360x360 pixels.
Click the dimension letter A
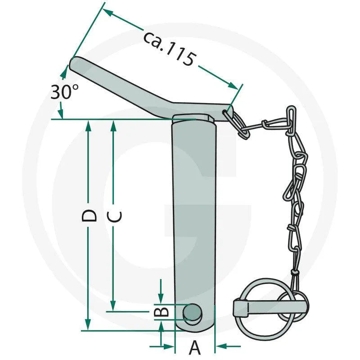click(x=195, y=348)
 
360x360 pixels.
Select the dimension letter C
click(x=115, y=217)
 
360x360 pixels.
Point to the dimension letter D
click(x=90, y=216)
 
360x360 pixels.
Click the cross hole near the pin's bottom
click(x=193, y=311)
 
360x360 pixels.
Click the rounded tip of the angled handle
click(x=75, y=63)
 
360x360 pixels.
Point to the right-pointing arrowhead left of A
click(x=169, y=346)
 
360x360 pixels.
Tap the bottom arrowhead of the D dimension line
click(x=88, y=325)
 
